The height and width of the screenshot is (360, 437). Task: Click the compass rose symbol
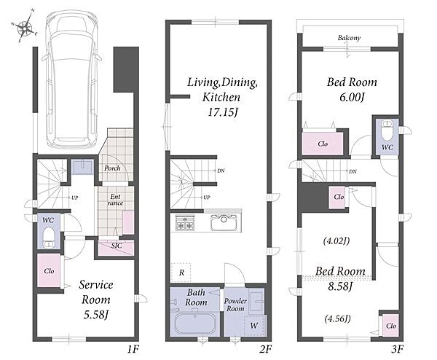click(25, 26)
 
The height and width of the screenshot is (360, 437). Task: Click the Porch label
click(112, 168)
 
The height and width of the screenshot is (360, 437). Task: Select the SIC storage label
click(117, 246)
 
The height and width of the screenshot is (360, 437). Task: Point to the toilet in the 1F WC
click(49, 238)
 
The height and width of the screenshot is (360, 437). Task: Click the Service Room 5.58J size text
click(96, 315)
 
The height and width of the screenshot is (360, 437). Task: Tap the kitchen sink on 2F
click(224, 222)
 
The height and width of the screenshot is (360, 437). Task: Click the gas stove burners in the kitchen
click(184, 222)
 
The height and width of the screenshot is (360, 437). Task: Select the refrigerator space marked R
click(181, 272)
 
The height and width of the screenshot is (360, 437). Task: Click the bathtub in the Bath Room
click(194, 324)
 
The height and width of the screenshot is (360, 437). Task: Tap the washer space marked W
click(254, 326)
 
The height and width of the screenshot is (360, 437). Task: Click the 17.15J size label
click(223, 112)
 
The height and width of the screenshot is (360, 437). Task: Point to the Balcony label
click(349, 38)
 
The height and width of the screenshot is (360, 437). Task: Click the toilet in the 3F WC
click(386, 130)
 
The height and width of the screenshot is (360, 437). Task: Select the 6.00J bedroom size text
click(352, 98)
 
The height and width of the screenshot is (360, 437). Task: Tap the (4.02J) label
click(336, 240)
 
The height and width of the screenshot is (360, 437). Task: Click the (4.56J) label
click(337, 318)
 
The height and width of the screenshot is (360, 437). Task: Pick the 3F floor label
click(397, 349)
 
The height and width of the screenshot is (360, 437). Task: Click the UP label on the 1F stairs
click(74, 197)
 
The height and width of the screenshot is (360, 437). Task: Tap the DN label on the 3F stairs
click(353, 171)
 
